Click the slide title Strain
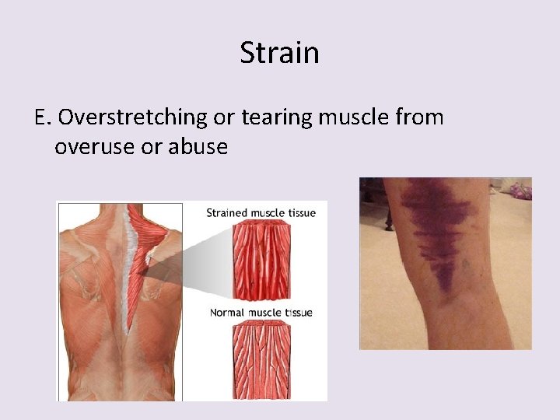279,53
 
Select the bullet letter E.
43,117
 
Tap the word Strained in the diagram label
226,213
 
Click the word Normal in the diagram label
229,313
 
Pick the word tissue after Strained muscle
299,213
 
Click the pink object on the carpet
517,190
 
